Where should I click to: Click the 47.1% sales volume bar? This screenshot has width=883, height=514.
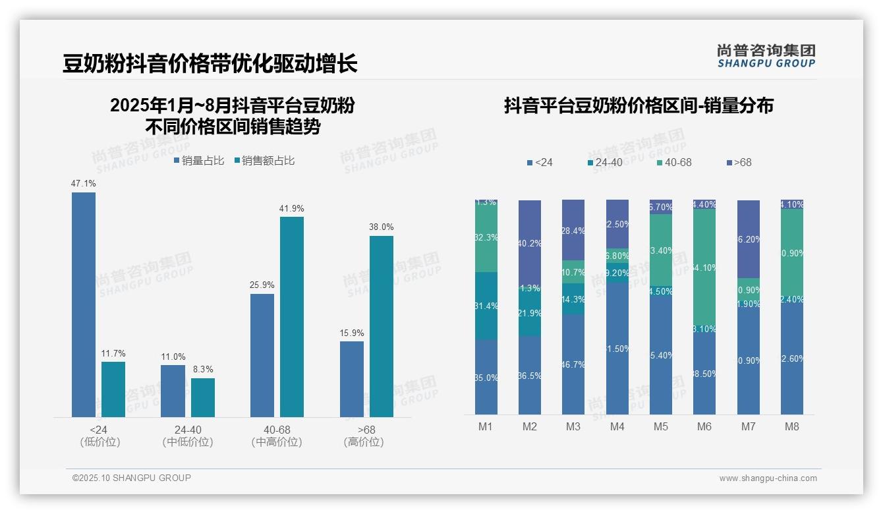84,304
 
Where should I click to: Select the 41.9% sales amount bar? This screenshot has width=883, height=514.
292,316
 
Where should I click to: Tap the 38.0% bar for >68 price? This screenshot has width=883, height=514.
382,326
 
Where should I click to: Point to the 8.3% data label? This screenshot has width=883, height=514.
203,369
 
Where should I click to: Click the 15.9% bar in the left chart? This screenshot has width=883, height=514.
352,379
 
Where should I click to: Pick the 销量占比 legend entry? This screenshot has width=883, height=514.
199,161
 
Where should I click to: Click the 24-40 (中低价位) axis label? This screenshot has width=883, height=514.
188,436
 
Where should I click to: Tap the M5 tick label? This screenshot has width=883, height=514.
661,426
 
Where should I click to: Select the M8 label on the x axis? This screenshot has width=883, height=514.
792,426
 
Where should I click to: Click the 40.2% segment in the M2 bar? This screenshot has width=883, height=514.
530,243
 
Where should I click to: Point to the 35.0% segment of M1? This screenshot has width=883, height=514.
486,377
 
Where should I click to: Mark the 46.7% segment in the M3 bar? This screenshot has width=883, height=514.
573,364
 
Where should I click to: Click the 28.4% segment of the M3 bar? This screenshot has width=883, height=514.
573,230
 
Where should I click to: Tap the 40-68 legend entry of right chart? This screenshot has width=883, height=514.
673,162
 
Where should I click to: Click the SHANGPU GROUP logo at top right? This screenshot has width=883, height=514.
766,56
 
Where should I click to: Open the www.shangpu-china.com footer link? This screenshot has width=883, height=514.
768,478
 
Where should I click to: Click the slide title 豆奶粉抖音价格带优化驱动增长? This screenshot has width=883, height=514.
210,64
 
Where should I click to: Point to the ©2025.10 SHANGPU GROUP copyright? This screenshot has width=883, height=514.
132,478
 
